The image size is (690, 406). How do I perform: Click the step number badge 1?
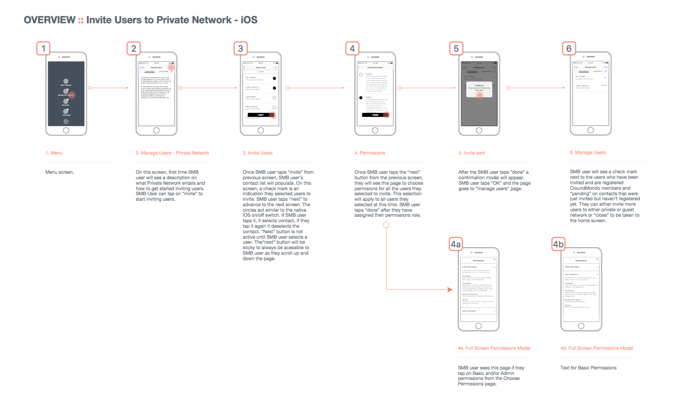click(x=43, y=48)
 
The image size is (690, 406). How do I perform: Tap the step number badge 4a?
click(x=456, y=244)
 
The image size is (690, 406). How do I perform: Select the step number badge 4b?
click(x=558, y=244)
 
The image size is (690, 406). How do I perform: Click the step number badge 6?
click(x=568, y=48)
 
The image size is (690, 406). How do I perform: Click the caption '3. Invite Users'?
click(x=257, y=153)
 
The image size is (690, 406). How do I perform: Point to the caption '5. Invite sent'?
click(x=472, y=153)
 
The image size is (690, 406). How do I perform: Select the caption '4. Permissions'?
click(x=370, y=153)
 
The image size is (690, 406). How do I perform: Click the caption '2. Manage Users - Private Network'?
click(x=172, y=153)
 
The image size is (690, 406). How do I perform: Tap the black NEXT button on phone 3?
click(x=260, y=115)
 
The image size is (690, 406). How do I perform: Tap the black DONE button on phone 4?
click(x=375, y=115)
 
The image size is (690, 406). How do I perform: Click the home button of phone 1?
click(x=66, y=130)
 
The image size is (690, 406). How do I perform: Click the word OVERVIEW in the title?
click(x=49, y=20)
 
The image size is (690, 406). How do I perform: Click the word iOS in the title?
click(x=249, y=20)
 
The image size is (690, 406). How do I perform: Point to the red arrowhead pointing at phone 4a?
click(x=450, y=289)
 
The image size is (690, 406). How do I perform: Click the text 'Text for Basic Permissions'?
click(x=588, y=368)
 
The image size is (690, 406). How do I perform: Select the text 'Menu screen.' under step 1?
click(x=59, y=172)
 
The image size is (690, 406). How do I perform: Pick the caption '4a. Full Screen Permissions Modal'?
click(x=494, y=348)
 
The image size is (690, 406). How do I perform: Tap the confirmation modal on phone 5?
click(x=479, y=88)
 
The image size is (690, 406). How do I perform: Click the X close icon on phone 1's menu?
click(x=66, y=122)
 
